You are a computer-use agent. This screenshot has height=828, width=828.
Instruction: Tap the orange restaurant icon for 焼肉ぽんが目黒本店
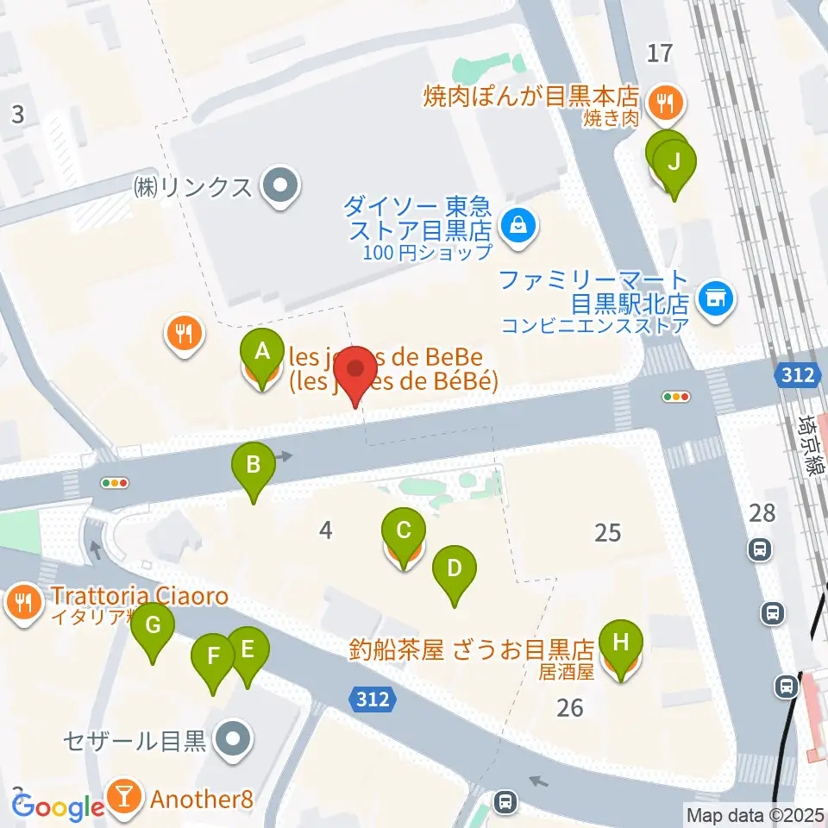click(664, 103)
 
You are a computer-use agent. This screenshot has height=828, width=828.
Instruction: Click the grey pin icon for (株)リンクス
click(279, 186)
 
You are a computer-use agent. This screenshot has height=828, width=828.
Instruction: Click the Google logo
click(59, 806)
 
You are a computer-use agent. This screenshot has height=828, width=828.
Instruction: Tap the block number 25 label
click(607, 532)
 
